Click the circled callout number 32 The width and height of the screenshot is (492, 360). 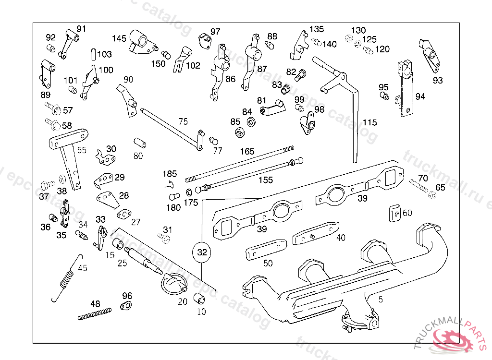click(202, 252)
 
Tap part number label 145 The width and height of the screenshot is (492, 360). click(119, 38)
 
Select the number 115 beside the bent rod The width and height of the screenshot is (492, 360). click(369, 122)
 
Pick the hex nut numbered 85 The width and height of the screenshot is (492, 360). click(237, 132)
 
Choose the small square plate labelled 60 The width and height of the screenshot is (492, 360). click(394, 212)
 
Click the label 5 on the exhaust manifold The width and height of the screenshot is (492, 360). click(381, 300)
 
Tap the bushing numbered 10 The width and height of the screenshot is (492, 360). click(198, 299)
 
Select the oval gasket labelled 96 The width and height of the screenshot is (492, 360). click(126, 306)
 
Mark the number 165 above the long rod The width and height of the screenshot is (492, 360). click(247, 152)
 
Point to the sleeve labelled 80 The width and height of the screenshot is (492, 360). click(139, 143)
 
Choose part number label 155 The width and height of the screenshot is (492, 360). click(265, 180)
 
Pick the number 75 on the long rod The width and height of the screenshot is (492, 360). click(183, 121)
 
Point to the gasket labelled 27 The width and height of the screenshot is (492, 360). click(125, 213)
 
